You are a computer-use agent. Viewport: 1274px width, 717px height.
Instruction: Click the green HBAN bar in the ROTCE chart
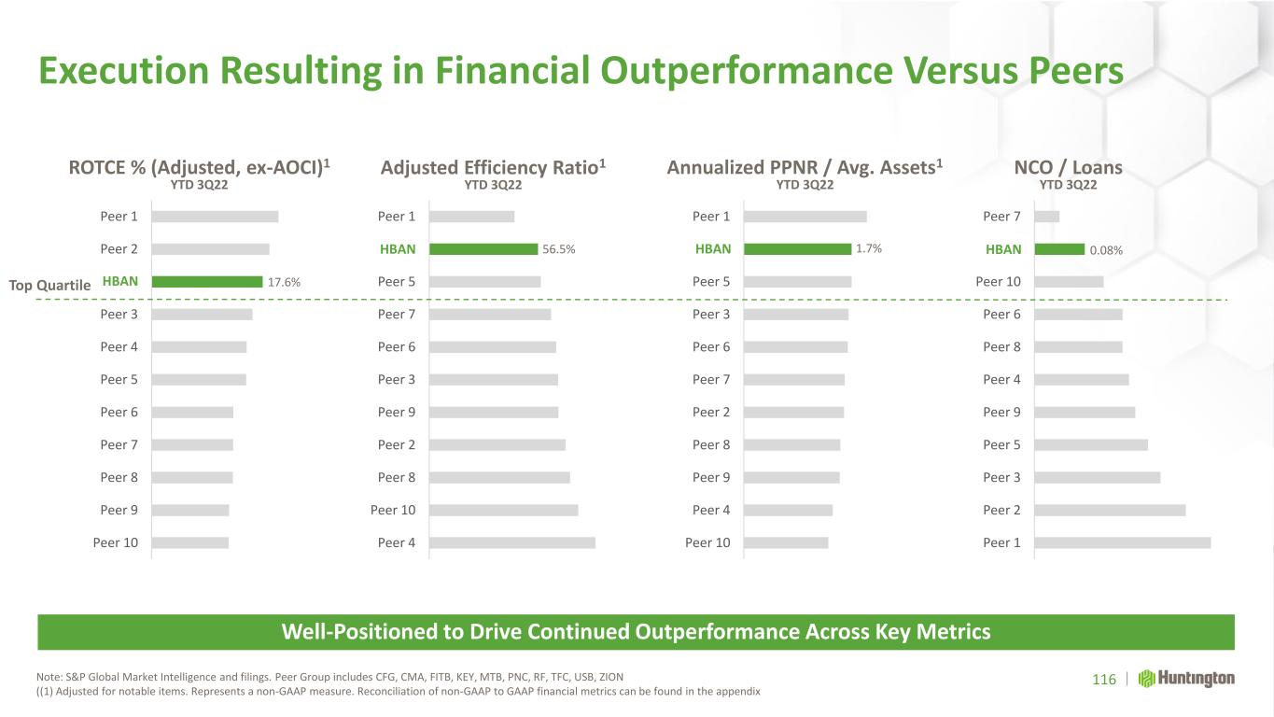[x=207, y=282]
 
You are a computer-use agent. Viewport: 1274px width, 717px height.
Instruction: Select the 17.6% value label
[x=284, y=282]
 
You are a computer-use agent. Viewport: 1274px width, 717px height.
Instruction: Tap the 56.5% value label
[x=558, y=249]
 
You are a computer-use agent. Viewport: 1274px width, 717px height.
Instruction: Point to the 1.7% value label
[x=869, y=248]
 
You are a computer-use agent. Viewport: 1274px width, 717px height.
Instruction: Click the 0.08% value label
[x=1106, y=250]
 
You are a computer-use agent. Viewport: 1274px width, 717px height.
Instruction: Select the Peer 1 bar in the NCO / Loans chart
[x=1122, y=542]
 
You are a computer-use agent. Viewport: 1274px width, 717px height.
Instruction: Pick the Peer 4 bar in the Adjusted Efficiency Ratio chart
[x=511, y=542]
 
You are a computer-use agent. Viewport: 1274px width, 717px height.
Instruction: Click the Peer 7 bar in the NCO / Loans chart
[x=1046, y=217]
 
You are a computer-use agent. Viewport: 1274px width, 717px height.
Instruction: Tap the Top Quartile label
[x=49, y=285]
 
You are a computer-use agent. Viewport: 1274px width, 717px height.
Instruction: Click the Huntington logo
[x=1186, y=679]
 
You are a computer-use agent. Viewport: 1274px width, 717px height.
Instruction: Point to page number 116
[x=1104, y=680]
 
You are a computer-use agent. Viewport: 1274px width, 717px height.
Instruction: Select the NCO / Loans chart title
[x=1068, y=167]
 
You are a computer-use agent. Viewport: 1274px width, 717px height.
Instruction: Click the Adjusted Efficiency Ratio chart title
[x=493, y=167]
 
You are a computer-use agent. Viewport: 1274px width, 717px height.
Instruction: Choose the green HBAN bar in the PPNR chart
[x=797, y=248]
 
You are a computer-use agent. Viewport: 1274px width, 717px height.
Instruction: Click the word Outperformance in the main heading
[x=747, y=71]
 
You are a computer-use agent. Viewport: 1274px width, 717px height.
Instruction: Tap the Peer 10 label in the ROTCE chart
[x=116, y=542]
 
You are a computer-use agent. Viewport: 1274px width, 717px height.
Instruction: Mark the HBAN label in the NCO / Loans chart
[x=1003, y=249]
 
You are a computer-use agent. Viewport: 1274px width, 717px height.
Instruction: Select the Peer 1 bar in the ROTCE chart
[x=215, y=217]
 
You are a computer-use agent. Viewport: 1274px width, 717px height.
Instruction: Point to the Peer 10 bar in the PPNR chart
[x=786, y=542]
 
